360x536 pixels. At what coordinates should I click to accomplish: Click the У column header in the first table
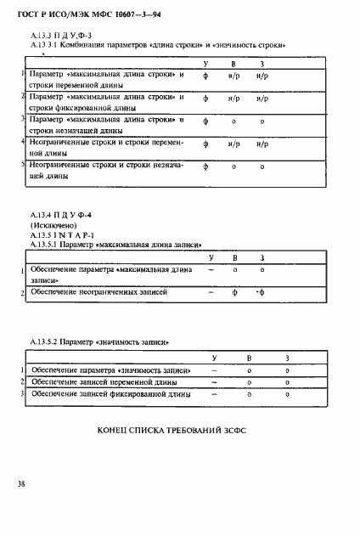[x=205, y=65]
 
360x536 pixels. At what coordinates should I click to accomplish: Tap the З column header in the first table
[x=262, y=65]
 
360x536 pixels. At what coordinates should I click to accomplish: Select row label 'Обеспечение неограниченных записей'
[x=98, y=292]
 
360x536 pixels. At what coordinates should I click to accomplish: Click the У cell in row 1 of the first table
[x=205, y=77]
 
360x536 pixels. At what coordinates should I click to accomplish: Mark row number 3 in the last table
[x=23, y=395]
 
